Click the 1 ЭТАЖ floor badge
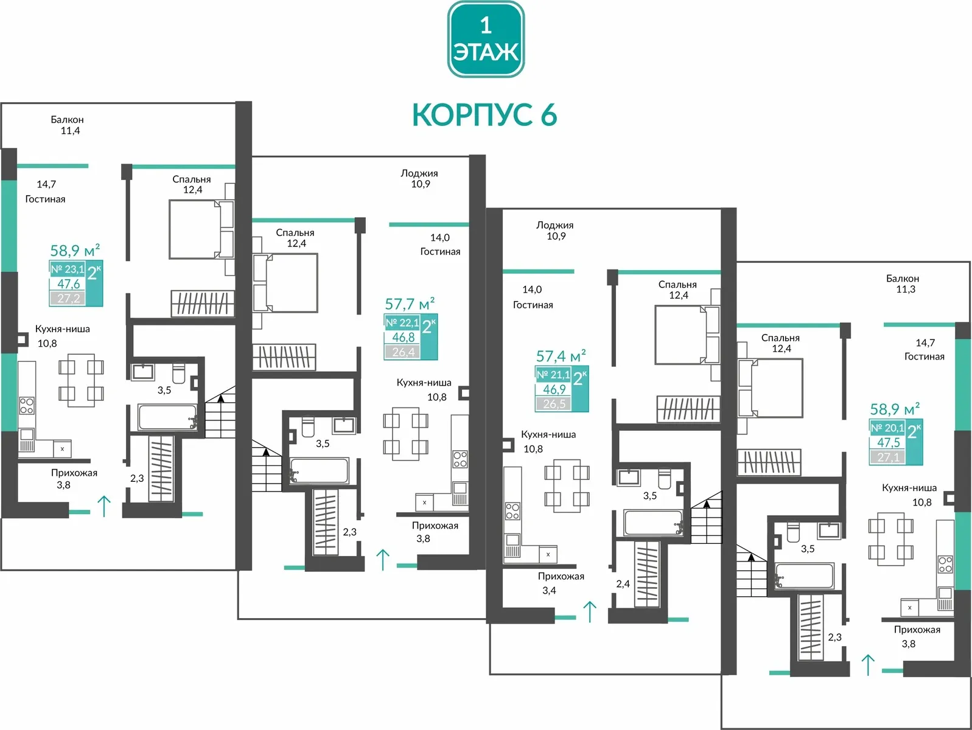tap(486, 39)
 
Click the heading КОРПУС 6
tap(484, 114)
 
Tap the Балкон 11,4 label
tap(68, 125)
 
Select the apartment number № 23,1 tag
tap(68, 269)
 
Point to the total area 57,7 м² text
tap(410, 304)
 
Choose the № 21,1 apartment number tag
tap(553, 375)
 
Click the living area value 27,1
tap(888, 457)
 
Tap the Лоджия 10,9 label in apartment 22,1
tap(419, 178)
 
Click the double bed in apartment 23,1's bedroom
tap(201, 229)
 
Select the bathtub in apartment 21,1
tap(652, 523)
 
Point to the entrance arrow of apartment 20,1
tap(868, 665)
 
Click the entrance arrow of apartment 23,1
tap(104, 506)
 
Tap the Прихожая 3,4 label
tap(561, 583)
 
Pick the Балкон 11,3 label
tap(903, 283)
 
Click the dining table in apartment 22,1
tap(405, 434)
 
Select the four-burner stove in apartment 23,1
tap(27, 405)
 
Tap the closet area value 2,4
tap(623, 583)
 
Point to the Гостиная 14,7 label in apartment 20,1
tap(924, 350)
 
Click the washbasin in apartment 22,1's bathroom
tap(344, 425)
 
